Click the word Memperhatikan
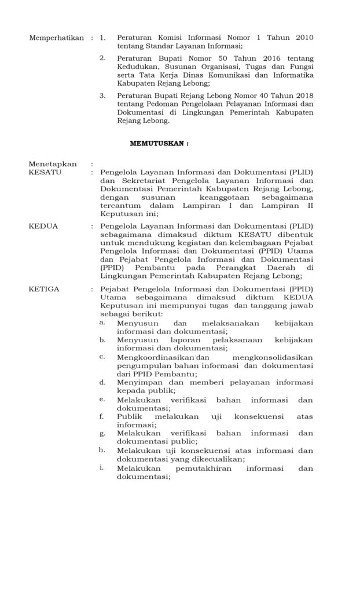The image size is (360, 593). tap(57, 38)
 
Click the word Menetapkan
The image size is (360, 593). tap(53, 164)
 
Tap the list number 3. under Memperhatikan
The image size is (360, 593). tap(102, 96)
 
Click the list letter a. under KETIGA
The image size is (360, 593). tap(102, 321)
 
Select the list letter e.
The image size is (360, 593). tap(102, 399)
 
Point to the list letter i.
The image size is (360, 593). tap(102, 467)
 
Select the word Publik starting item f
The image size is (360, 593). tap(129, 416)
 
